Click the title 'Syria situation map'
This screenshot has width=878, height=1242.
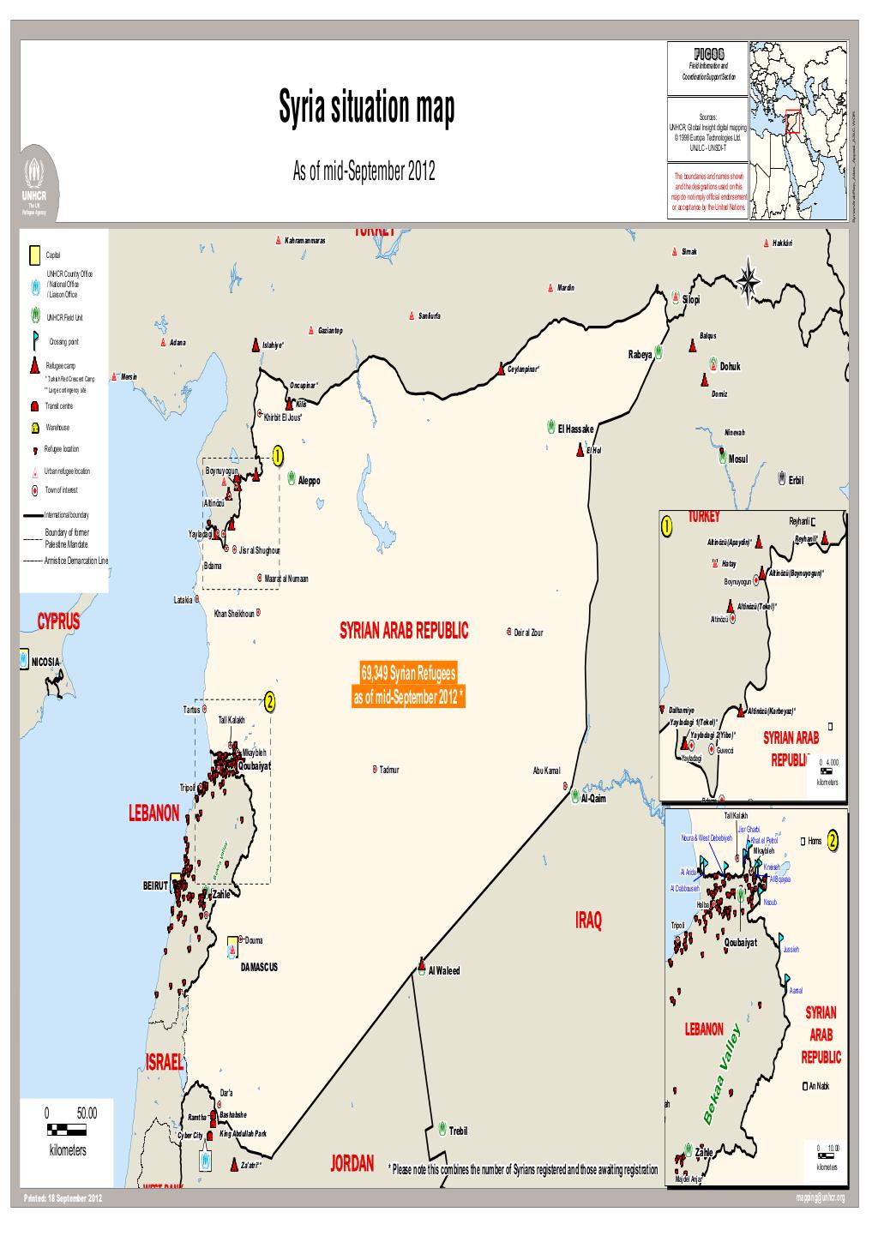pyautogui.click(x=367, y=110)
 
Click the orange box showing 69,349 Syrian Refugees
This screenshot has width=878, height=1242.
pyautogui.click(x=408, y=685)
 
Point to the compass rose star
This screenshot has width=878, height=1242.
pyautogui.click(x=749, y=280)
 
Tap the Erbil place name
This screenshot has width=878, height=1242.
pyautogui.click(x=796, y=480)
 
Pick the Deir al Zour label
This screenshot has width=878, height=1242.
pyautogui.click(x=528, y=633)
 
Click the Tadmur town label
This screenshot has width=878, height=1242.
pyautogui.click(x=389, y=769)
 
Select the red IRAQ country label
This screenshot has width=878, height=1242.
pyautogui.click(x=588, y=921)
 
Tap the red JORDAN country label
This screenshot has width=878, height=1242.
pyautogui.click(x=352, y=1163)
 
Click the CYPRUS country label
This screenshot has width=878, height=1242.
pyautogui.click(x=58, y=622)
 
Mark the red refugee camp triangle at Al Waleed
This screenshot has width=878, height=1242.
pyautogui.click(x=421, y=962)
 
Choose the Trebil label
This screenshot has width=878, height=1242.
pyautogui.click(x=459, y=1131)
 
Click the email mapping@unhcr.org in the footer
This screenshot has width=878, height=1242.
pyautogui.click(x=821, y=1197)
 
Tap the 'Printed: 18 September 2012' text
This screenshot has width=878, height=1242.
pyautogui.click(x=63, y=1197)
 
